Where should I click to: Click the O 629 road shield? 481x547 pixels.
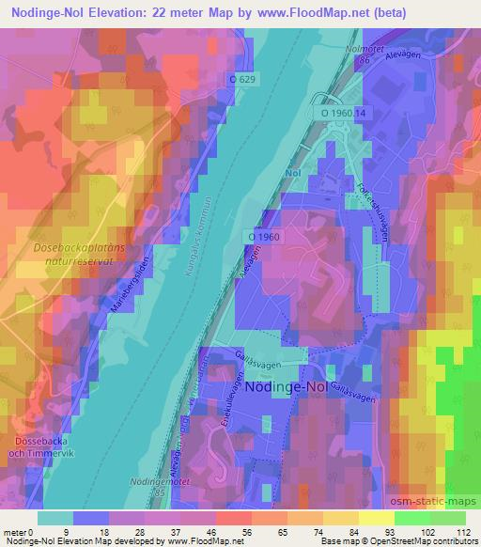[243, 80]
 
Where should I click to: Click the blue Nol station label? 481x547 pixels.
[292, 173]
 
